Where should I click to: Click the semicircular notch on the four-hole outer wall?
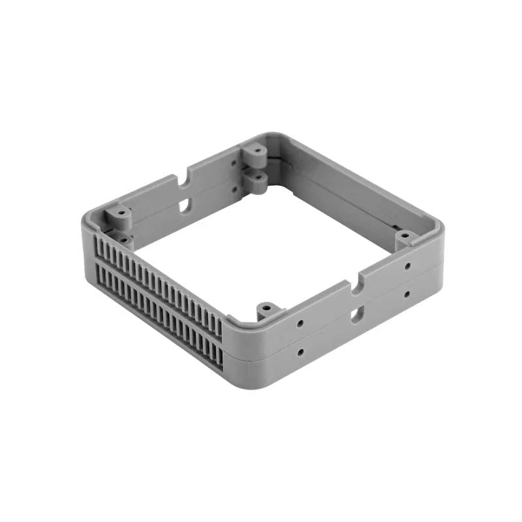click(x=355, y=286)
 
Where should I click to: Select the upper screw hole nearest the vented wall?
click(x=299, y=323)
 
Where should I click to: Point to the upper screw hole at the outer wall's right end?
click(x=407, y=266)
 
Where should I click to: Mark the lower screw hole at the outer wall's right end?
click(x=407, y=294)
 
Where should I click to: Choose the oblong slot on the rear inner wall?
click(x=185, y=205)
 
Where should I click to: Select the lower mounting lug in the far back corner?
click(x=256, y=179)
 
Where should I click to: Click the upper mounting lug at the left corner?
click(x=119, y=213)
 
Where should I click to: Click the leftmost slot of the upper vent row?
click(x=99, y=245)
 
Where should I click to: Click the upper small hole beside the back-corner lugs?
click(x=234, y=164)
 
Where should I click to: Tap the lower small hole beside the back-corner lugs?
click(x=235, y=189)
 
